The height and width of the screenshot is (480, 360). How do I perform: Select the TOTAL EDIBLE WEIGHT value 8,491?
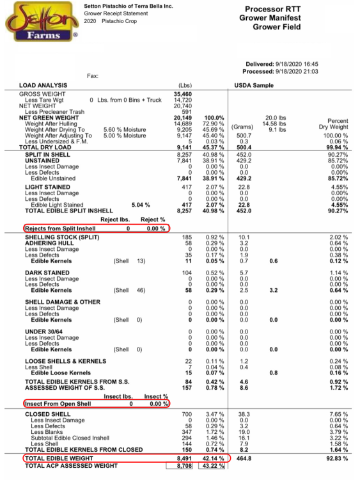tap(185, 459)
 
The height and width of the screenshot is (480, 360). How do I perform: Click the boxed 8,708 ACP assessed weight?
tap(185, 466)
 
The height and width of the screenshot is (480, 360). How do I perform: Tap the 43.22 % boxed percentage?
tap(213, 466)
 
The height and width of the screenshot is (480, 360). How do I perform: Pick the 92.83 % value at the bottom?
tap(337, 459)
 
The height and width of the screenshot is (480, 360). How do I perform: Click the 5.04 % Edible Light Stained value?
tap(139, 205)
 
